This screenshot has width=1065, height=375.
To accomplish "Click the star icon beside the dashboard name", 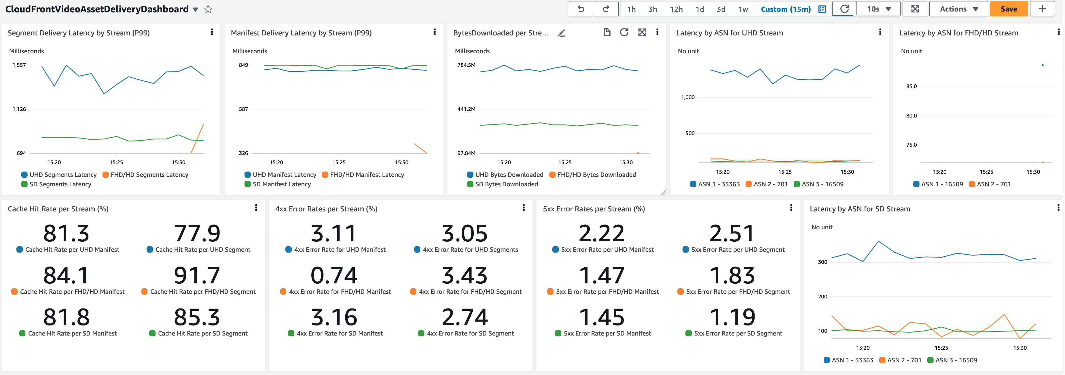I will (208, 9).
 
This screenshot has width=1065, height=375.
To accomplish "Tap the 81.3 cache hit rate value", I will (66, 234).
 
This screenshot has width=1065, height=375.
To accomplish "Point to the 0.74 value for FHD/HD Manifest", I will (333, 276).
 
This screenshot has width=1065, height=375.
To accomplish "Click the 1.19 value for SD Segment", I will (732, 317).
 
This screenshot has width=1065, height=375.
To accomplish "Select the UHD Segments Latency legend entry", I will (59, 175).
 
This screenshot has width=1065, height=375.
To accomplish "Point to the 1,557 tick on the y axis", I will (19, 65).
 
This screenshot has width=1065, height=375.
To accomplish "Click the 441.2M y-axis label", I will (466, 109).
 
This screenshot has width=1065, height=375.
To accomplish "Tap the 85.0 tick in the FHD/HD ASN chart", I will (911, 86).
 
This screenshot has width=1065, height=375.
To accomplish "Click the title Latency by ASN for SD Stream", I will (860, 209).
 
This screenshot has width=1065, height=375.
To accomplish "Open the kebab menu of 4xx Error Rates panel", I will (523, 208).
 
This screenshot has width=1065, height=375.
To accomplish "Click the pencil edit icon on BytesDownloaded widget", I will (561, 33).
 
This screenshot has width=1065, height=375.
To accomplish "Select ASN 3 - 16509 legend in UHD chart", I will (818, 184).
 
